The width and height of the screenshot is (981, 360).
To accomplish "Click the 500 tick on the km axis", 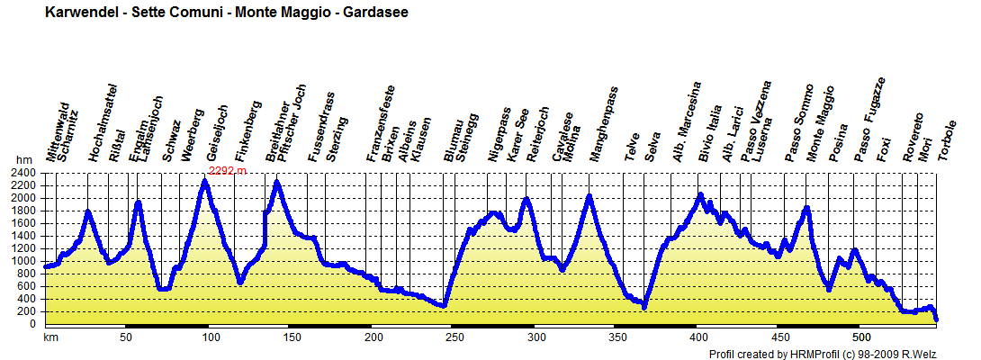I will (x=861, y=337).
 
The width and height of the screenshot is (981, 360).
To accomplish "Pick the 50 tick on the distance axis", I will (x=126, y=337).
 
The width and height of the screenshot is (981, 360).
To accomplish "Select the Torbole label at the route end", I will (x=944, y=140).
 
